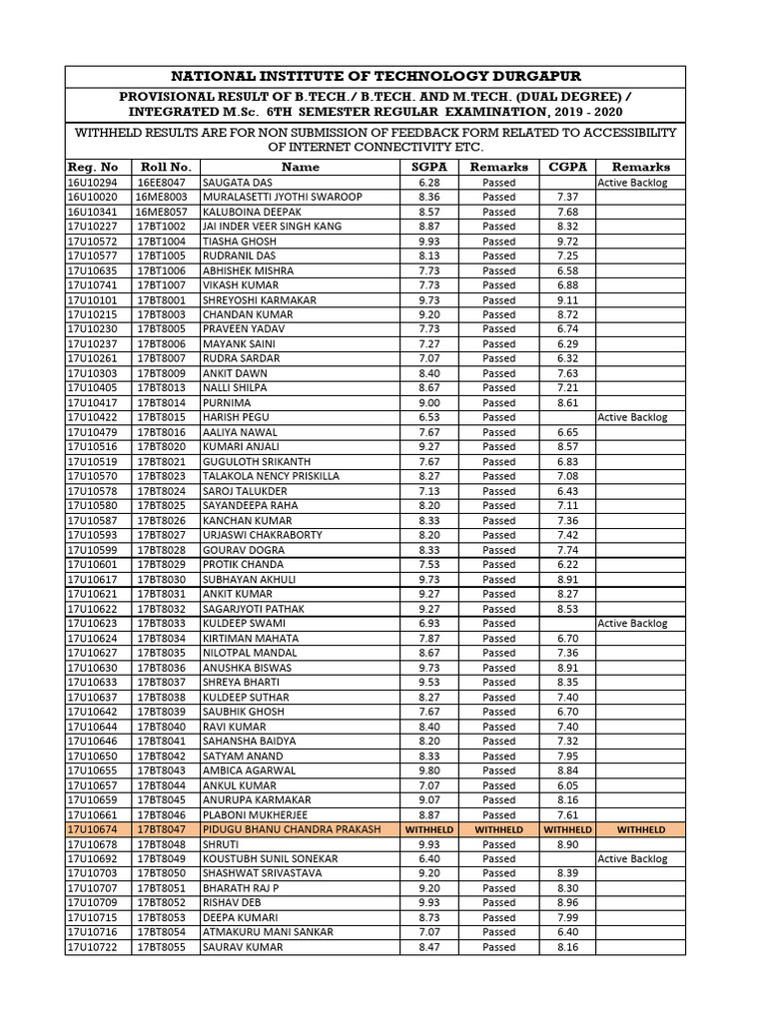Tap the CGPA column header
tap(567, 167)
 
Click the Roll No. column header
tap(166, 167)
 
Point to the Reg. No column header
tap(93, 167)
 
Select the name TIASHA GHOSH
tap(239, 242)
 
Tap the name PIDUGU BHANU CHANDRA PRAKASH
tap(291, 829)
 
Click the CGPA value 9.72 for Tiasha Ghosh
tap(567, 242)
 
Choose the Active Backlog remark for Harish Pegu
tap(632, 417)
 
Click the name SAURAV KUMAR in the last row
tap(243, 947)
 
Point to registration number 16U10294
tap(92, 183)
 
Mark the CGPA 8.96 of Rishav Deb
tap(567, 902)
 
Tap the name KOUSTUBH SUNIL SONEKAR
tap(270, 858)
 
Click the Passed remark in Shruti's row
tap(498, 844)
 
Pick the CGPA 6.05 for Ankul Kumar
tap(567, 785)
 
